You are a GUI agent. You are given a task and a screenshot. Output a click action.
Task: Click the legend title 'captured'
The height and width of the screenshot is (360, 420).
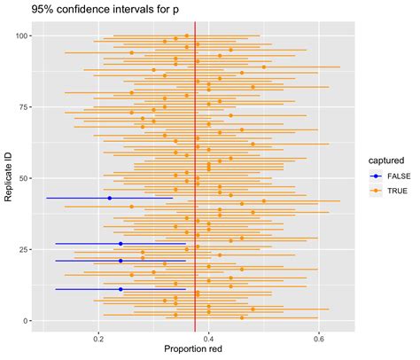[387, 160]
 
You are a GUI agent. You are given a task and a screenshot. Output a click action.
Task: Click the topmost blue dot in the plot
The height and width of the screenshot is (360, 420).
[109, 198]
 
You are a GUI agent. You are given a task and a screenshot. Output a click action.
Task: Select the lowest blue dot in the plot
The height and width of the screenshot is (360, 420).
[121, 289]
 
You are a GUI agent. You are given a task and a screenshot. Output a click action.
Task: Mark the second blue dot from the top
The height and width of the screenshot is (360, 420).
[121, 243]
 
